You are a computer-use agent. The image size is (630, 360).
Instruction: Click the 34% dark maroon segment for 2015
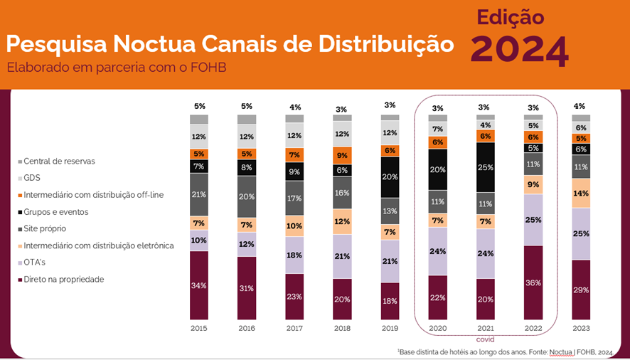point(199,285)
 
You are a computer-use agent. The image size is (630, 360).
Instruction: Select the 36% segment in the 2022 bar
point(533,282)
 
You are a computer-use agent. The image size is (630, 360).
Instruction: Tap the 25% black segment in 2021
point(486,167)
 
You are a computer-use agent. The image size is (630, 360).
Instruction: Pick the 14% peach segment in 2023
point(581,193)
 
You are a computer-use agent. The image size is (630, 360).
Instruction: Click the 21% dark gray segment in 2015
point(199,194)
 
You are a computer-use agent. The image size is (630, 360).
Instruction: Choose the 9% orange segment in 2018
point(342,155)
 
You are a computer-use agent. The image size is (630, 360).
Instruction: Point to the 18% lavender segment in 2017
point(294,255)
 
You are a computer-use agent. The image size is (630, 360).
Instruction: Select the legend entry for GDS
point(33,178)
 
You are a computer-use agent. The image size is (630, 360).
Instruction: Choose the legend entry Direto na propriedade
point(63,280)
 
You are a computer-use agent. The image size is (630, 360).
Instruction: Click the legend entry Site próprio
point(48,229)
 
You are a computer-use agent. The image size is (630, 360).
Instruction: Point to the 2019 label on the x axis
point(390,329)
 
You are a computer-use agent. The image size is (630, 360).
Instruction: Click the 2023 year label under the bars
point(581,329)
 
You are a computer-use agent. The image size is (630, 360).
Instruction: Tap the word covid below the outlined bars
point(486,340)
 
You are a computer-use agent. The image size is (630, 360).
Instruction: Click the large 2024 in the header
point(520,49)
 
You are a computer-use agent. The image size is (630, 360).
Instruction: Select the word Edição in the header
point(511,17)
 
